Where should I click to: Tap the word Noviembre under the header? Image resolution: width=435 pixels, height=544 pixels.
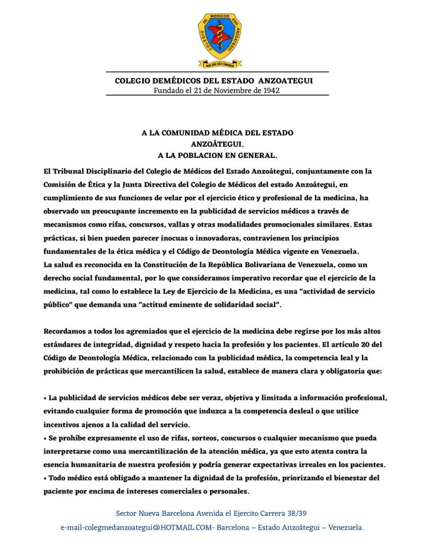(x=231, y=90)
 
